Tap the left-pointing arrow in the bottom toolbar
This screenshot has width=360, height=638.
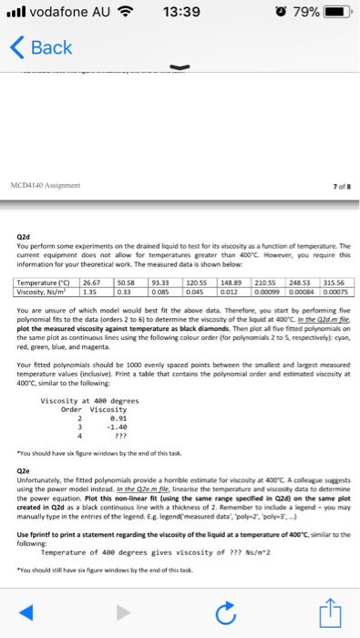(48, 612)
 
